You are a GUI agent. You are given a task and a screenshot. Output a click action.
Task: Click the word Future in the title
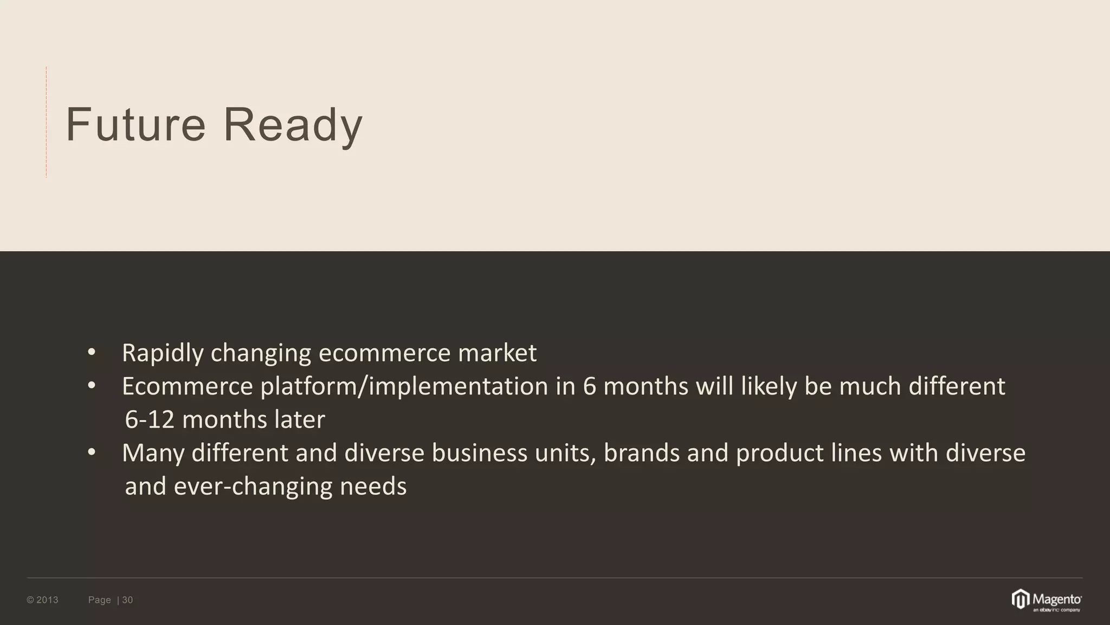point(135,125)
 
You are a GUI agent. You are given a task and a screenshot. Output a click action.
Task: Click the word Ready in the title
point(293,126)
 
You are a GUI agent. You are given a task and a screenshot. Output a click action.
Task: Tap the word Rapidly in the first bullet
point(163,353)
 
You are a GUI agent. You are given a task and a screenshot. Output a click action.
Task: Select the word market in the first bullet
point(497,353)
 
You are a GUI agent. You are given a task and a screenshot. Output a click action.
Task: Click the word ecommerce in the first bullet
point(384,353)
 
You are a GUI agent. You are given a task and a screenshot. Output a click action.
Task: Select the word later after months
point(299,419)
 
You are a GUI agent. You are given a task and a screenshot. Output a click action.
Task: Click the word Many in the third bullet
point(153,454)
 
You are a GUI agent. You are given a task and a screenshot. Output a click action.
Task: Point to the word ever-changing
point(253,487)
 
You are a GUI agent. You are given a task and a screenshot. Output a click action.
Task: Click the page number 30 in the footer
point(127,600)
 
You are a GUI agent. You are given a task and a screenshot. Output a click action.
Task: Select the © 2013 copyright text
point(42,600)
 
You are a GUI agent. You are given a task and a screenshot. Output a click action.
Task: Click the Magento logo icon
point(1021,600)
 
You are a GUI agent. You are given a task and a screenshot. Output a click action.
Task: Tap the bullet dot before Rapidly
point(92,353)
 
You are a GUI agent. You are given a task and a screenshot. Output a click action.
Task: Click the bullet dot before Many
point(92,452)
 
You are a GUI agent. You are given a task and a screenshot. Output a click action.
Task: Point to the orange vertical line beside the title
point(47,122)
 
